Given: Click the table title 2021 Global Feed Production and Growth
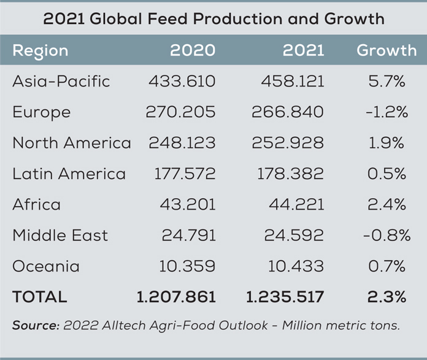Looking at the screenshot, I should (x=213, y=18).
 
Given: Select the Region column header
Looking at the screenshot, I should (x=40, y=51).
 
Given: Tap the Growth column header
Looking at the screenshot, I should (x=387, y=50).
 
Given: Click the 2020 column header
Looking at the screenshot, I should (x=193, y=50).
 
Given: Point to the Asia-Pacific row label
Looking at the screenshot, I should (x=61, y=82).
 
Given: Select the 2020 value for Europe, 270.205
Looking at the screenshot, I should (x=180, y=112).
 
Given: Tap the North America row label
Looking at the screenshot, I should (x=71, y=143).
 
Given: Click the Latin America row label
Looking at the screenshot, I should (x=69, y=174).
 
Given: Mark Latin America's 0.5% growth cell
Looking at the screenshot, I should (x=387, y=174).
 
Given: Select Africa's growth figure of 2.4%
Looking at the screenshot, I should (x=387, y=204).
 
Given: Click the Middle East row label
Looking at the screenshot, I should (x=60, y=235).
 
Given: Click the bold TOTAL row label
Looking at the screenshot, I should (x=39, y=297).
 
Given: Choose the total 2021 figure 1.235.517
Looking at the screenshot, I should (x=284, y=297).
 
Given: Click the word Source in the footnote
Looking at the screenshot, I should (x=36, y=326).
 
